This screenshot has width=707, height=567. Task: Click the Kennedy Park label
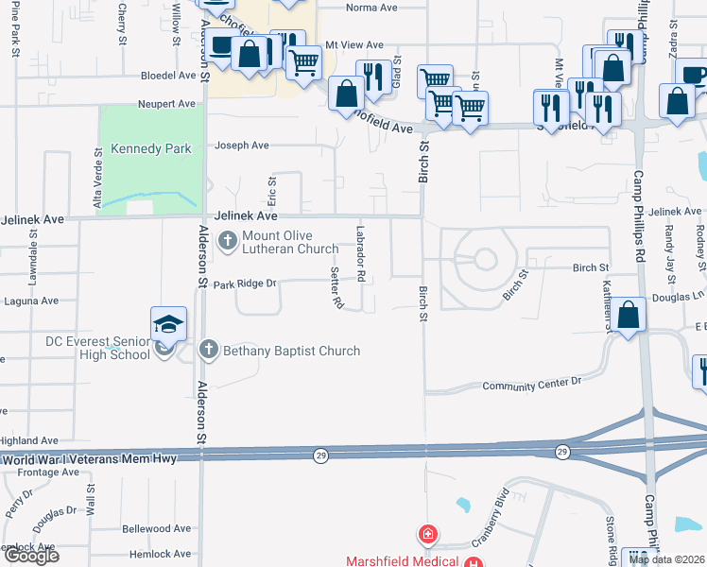(151, 148)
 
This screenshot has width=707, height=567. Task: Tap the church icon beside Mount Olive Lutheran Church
(227, 242)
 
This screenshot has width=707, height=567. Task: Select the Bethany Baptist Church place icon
(209, 351)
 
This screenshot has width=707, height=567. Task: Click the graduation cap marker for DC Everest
(166, 324)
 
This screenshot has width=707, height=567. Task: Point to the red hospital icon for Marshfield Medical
(428, 534)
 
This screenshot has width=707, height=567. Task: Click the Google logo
(32, 556)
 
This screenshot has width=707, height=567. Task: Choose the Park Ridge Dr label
(244, 283)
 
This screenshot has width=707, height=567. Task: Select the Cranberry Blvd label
(493, 509)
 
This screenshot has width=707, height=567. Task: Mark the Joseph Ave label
(242, 146)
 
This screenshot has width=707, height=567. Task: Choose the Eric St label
(271, 192)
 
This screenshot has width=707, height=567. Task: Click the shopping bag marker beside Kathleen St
(629, 317)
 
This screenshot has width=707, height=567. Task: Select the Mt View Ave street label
(354, 45)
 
